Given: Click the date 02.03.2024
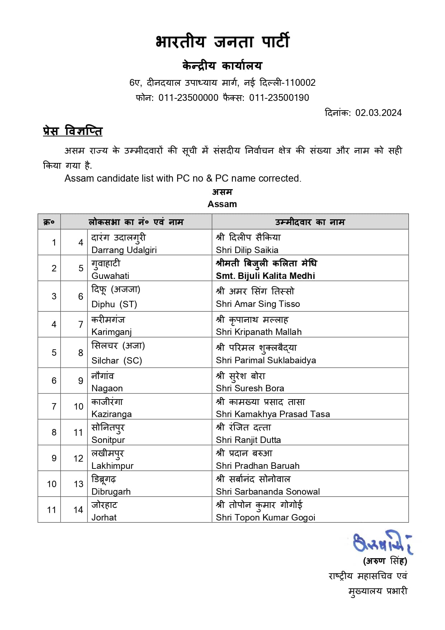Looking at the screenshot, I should (378, 113).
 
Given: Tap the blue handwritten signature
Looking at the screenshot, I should (382, 542).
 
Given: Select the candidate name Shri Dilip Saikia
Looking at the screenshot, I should (247, 250).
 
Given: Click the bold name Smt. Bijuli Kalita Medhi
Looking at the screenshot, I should (265, 276).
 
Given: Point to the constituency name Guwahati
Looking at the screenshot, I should (110, 276).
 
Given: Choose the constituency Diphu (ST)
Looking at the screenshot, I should (114, 304).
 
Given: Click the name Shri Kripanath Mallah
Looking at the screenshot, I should (259, 332).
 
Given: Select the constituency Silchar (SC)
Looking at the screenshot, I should (117, 360).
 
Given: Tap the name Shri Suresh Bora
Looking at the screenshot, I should (250, 388).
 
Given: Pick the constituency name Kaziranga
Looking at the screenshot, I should (112, 414).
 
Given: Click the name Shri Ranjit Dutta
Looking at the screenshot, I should (248, 440).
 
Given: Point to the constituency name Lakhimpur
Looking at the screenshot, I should (112, 466).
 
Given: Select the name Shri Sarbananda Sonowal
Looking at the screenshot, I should (268, 491).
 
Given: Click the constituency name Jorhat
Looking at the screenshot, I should (104, 517).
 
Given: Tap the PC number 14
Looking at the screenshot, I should (78, 510).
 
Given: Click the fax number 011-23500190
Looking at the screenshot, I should (279, 98).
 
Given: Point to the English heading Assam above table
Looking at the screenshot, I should (222, 204).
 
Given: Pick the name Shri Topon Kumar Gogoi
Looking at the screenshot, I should (265, 517).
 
